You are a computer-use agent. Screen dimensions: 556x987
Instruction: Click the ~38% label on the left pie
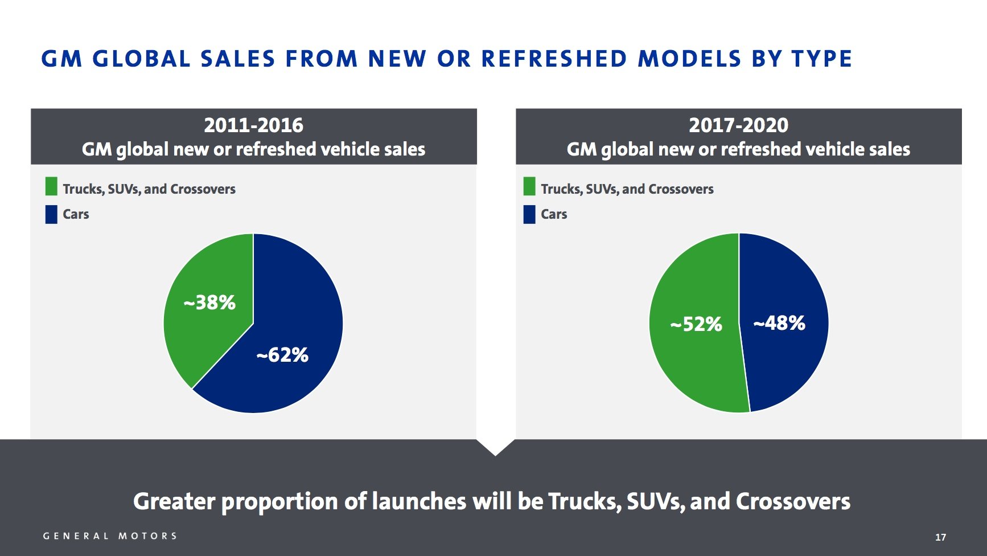(209, 302)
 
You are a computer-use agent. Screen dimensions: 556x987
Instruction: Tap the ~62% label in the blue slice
(282, 355)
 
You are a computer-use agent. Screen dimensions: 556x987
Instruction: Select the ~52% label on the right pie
(696, 324)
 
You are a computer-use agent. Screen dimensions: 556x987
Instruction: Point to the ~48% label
(779, 323)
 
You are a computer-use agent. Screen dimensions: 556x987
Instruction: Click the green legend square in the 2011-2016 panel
(51, 186)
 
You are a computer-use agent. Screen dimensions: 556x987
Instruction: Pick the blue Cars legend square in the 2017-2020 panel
(529, 214)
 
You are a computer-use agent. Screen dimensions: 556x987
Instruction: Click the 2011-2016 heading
(254, 125)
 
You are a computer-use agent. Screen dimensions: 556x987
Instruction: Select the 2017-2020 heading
(738, 125)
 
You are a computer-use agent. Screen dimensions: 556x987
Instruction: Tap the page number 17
(940, 537)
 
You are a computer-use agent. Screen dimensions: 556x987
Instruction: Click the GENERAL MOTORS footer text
(110, 536)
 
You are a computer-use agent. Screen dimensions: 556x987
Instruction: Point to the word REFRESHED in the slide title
(554, 59)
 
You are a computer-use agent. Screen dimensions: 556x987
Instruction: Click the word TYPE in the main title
(821, 59)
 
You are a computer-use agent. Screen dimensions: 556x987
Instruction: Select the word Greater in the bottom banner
(174, 501)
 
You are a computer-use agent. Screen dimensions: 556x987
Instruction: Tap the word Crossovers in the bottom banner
(793, 501)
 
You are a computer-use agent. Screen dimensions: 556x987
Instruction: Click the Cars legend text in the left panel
(76, 214)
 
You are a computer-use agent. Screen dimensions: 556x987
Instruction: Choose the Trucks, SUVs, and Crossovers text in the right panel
(627, 189)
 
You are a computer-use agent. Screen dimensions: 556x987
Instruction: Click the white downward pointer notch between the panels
(495, 446)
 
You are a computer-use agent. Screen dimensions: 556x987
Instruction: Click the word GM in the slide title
(62, 59)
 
